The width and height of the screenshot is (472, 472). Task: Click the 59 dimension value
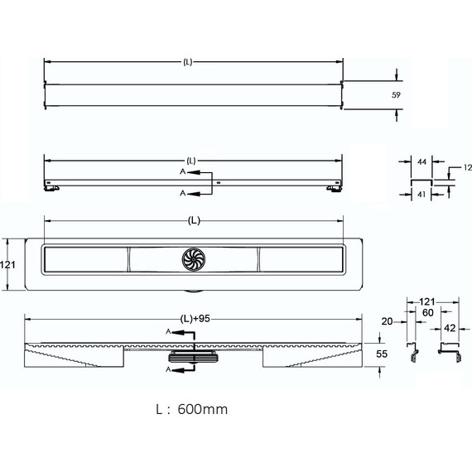point(396,95)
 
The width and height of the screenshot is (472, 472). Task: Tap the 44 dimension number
point(421,162)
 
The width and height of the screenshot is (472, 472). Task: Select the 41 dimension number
point(421,195)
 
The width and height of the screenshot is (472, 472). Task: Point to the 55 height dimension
point(382,354)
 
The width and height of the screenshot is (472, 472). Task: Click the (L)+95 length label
point(195,319)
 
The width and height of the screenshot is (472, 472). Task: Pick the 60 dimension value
point(428,313)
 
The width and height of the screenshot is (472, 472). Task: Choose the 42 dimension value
point(450,328)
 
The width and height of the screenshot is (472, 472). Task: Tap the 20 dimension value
point(387,321)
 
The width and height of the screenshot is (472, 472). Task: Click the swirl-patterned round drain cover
point(194,258)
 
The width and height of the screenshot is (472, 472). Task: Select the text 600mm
point(203,409)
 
